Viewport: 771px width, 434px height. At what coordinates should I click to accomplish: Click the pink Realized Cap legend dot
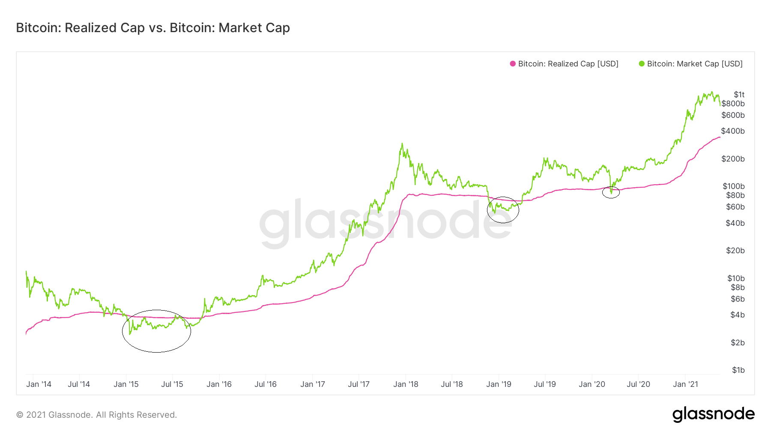tap(513, 64)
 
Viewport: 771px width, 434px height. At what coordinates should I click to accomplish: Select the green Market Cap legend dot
tap(642, 64)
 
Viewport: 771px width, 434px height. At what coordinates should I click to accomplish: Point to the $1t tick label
tap(739, 94)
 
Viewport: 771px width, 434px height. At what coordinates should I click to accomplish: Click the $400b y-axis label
tap(733, 131)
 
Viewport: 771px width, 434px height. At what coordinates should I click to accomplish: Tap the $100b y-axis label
tap(733, 186)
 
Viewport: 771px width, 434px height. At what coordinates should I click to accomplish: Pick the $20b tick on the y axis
tap(735, 251)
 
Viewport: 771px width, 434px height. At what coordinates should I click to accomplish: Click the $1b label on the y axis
tap(738, 370)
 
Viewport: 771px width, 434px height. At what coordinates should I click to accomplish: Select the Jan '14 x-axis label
tap(39, 384)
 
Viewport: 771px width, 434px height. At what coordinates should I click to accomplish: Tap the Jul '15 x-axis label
tap(172, 384)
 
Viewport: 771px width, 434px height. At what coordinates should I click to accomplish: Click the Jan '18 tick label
tap(406, 384)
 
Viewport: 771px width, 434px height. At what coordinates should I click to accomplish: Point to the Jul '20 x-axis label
tap(638, 384)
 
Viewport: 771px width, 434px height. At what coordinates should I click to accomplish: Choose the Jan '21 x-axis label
tap(685, 384)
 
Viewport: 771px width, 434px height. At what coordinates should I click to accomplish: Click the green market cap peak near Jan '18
tap(402, 144)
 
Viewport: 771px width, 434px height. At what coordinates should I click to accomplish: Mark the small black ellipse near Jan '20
tap(611, 192)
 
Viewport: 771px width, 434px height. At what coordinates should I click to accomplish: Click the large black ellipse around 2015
tap(156, 331)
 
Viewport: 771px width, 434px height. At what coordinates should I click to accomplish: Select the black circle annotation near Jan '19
tap(503, 210)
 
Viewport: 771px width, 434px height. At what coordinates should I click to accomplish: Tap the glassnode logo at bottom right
tap(713, 414)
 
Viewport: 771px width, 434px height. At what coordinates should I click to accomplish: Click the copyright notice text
tap(96, 415)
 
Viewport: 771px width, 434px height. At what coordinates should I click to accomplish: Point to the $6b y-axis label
tap(738, 299)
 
